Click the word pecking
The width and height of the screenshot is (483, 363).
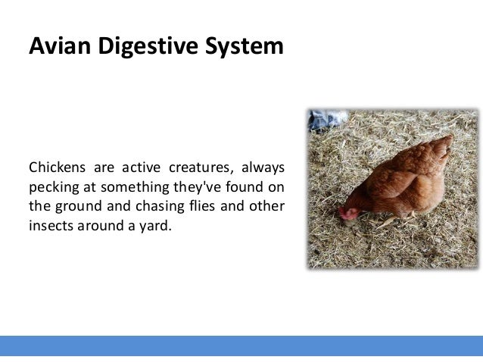[53, 186]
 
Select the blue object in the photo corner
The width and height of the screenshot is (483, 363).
[326, 119]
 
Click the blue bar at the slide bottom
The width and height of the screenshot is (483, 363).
[241, 346]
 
